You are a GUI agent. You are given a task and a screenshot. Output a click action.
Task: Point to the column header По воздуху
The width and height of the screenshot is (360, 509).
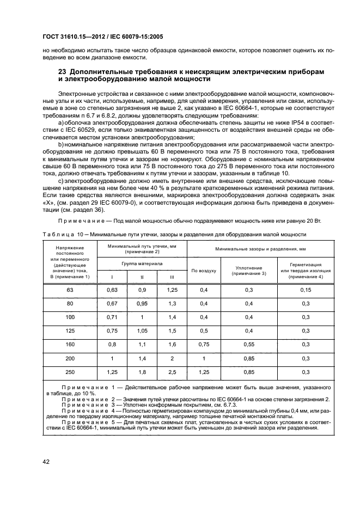click(204, 270)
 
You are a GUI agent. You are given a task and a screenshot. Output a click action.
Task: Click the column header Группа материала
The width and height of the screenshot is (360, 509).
click(141, 263)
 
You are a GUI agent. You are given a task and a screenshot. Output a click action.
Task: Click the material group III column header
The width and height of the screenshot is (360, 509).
click(171, 277)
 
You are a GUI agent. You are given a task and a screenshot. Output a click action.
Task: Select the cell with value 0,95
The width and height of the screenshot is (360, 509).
click(142, 303)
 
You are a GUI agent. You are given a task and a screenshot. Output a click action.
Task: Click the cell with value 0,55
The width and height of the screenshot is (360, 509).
click(249, 344)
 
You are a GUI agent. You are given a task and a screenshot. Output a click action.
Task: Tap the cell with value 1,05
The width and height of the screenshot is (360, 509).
click(142, 330)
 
